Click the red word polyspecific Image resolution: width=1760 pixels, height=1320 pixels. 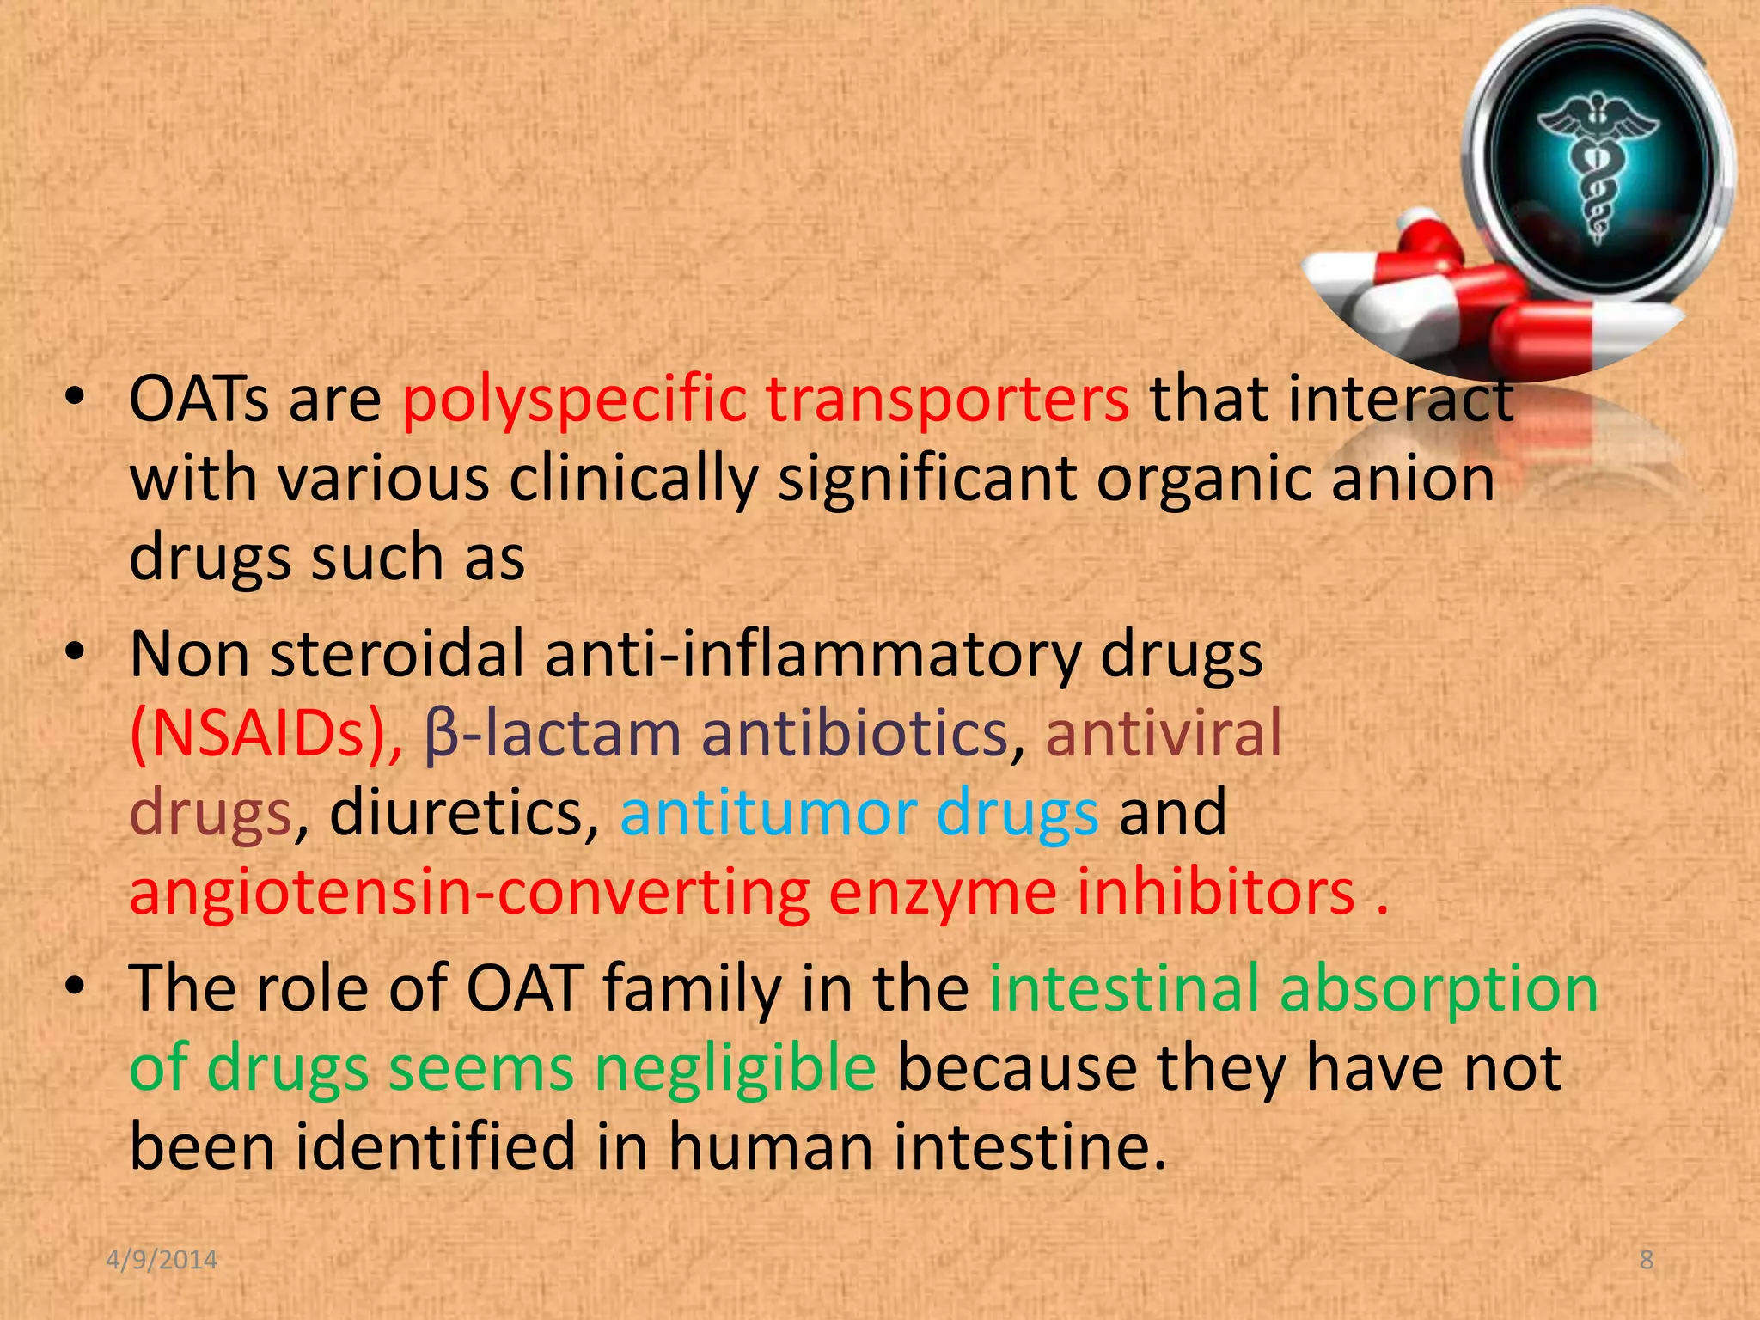coord(574,400)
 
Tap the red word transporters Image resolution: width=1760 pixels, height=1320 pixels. coord(947,400)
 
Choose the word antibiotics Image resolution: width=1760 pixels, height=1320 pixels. coord(854,734)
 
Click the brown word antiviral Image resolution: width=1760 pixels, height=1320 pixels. coord(1163,734)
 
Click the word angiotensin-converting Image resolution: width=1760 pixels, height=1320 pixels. coord(469,892)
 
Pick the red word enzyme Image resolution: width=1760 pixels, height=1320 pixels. coord(942,894)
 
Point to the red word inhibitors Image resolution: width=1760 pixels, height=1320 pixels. coord(1215,892)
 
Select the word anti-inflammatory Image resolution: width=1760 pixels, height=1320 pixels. coord(812,655)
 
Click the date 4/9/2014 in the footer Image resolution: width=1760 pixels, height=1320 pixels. coord(162,1260)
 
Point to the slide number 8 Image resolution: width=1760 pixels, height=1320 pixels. coord(1646,1260)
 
